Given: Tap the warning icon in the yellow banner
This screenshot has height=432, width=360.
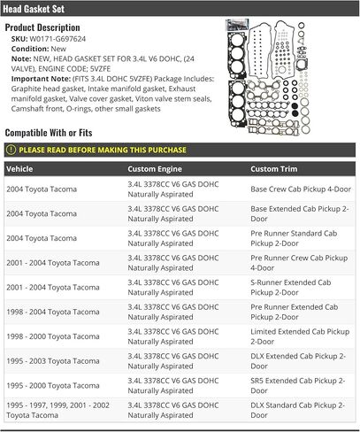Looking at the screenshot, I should click(11, 150).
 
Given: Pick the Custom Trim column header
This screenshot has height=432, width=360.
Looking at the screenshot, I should click(274, 168).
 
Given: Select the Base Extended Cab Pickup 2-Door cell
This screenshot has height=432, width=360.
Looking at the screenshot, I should click(296, 213).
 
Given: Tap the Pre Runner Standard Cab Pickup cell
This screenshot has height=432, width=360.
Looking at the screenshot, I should click(293, 238).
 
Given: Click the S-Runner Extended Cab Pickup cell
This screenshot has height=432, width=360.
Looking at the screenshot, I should click(293, 287).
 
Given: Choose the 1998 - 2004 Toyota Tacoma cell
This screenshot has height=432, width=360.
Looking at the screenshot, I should click(53, 312).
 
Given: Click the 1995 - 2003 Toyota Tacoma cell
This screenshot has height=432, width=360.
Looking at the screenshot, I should click(53, 361).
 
